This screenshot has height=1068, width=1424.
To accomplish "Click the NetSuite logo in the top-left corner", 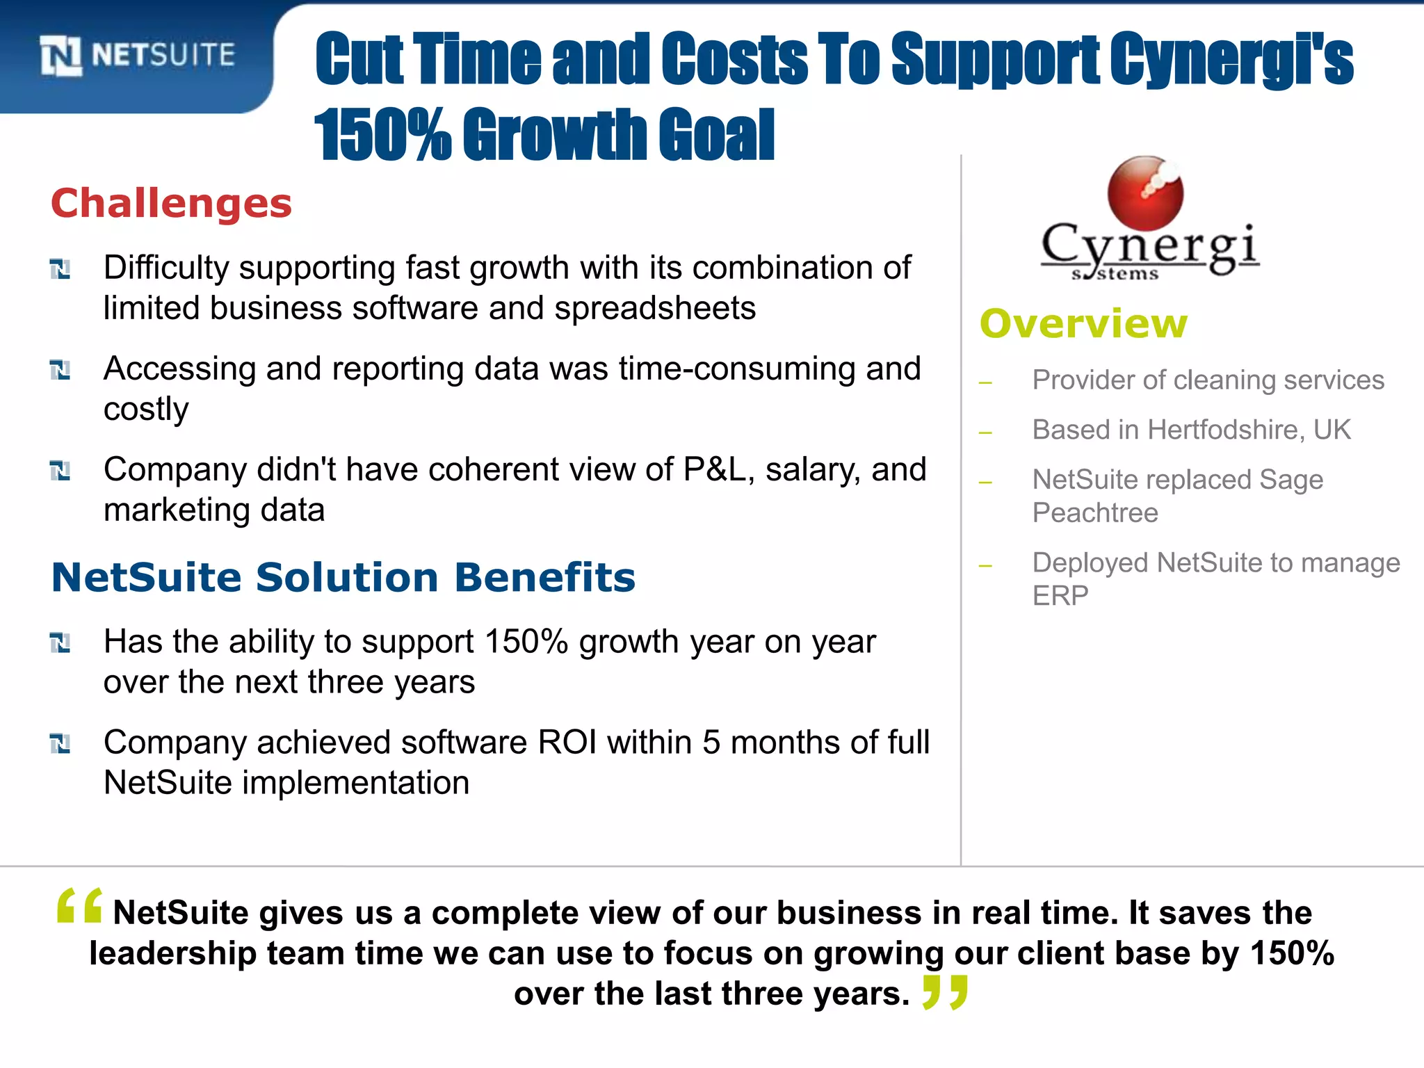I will click(137, 55).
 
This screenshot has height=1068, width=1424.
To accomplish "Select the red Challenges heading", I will click(171, 204).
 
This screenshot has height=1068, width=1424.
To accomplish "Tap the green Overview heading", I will click(1083, 324).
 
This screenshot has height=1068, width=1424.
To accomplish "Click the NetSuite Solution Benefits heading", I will click(343, 577).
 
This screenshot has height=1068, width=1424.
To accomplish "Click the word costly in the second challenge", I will click(146, 410).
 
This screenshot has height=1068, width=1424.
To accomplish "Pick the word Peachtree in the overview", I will click(1095, 513).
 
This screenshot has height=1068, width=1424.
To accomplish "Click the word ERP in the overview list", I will click(1060, 596).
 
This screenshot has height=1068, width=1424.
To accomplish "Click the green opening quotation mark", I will click(79, 905).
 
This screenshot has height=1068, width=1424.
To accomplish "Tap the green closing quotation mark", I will click(945, 992).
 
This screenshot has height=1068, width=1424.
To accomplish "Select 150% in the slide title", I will click(382, 134).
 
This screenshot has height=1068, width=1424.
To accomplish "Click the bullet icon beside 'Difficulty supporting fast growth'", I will click(60, 268).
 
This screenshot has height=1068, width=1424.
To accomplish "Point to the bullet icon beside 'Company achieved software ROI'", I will click(60, 743).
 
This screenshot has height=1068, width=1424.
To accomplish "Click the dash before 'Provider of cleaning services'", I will click(985, 382).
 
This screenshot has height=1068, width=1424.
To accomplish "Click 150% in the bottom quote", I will click(1292, 953).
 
